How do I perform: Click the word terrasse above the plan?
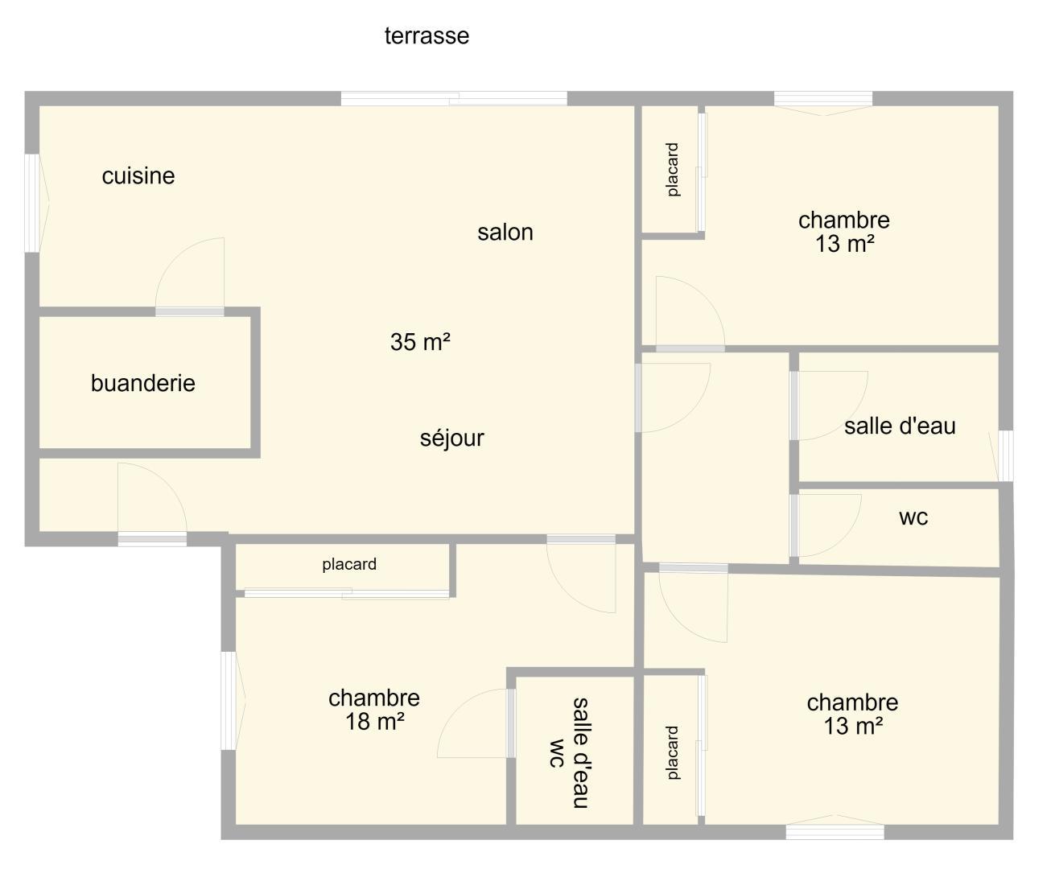click(x=427, y=36)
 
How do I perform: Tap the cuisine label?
click(x=138, y=176)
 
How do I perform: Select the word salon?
click(x=505, y=233)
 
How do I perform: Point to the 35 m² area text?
click(x=420, y=342)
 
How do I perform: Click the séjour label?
click(x=452, y=438)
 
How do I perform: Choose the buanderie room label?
click(x=143, y=384)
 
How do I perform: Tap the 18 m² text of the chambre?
click(x=375, y=722)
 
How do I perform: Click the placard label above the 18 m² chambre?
click(x=349, y=565)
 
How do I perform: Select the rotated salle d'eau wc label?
click(x=570, y=753)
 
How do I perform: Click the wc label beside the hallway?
click(x=913, y=517)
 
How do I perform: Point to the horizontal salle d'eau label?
click(x=900, y=426)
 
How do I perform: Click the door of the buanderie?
click(x=190, y=274)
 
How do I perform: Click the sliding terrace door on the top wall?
click(x=454, y=99)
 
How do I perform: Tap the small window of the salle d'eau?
click(x=1005, y=456)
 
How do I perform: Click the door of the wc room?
click(x=826, y=526)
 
